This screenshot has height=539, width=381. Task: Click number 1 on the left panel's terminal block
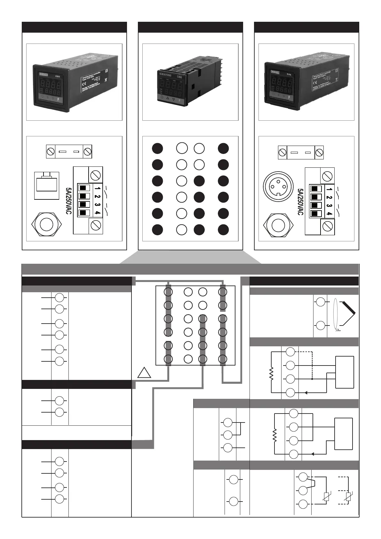(97, 188)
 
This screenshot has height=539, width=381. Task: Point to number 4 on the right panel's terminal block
(329, 214)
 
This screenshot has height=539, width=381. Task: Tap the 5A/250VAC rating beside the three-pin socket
(300, 202)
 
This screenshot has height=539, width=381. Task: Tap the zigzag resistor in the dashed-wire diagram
(271, 373)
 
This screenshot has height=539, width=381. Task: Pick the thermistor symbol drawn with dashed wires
(349, 497)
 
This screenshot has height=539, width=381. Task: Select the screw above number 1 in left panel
(96, 175)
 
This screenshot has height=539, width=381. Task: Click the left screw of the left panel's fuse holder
(51, 151)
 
